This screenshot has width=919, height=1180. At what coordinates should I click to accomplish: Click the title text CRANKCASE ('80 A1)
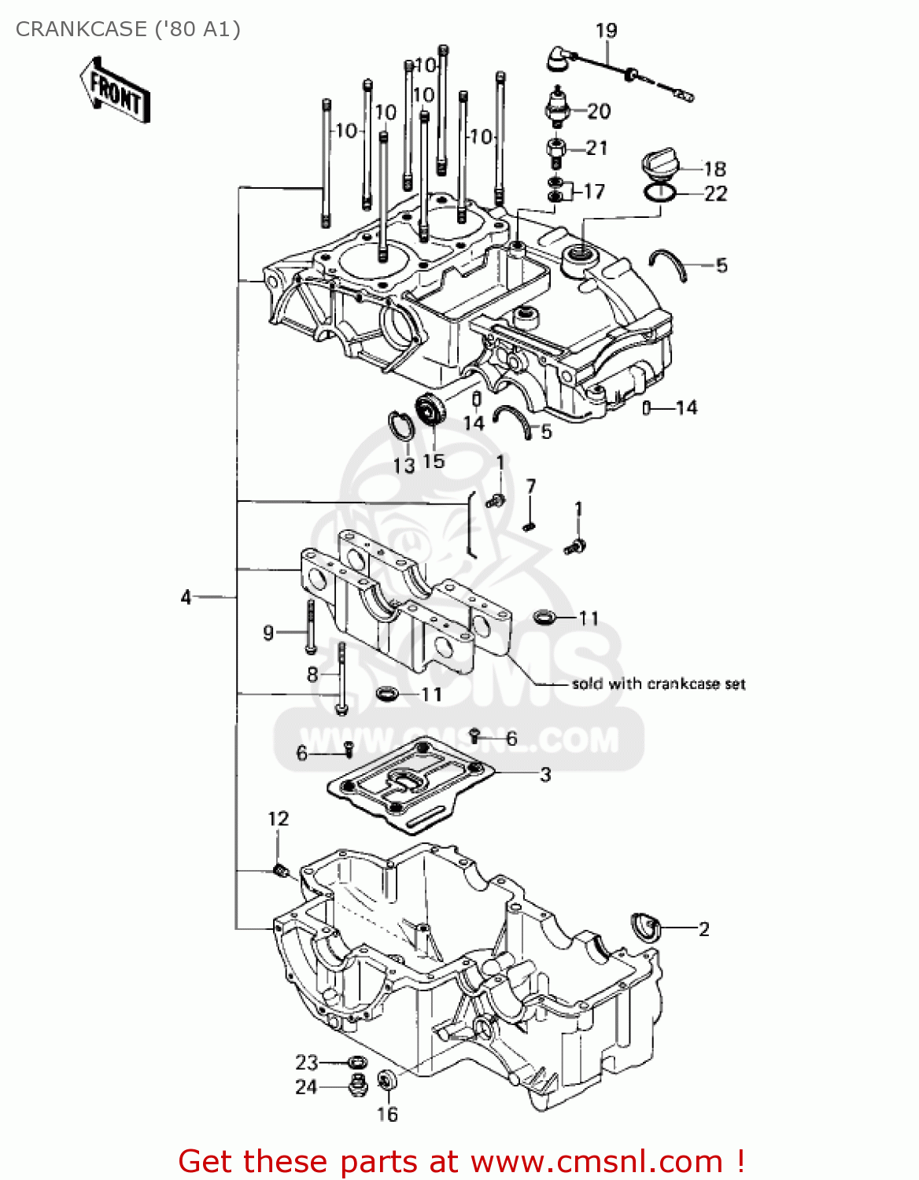click(128, 29)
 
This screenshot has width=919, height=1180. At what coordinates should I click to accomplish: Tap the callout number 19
click(606, 31)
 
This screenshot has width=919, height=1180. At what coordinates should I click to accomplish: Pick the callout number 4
click(186, 597)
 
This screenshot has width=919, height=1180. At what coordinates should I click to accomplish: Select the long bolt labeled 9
click(310, 627)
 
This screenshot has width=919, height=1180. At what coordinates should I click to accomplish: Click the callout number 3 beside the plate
click(545, 774)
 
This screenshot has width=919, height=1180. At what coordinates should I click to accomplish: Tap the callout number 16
click(387, 1114)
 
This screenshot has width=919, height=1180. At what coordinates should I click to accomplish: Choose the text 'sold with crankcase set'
click(659, 684)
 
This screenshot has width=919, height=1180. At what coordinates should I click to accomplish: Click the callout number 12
click(279, 819)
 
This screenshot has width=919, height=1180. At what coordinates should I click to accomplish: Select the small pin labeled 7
click(530, 525)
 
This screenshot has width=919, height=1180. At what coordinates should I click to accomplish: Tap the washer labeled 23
click(355, 1062)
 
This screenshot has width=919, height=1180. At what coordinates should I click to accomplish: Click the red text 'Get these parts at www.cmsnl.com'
click(461, 1161)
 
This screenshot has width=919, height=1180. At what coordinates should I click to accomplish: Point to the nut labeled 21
click(556, 149)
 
